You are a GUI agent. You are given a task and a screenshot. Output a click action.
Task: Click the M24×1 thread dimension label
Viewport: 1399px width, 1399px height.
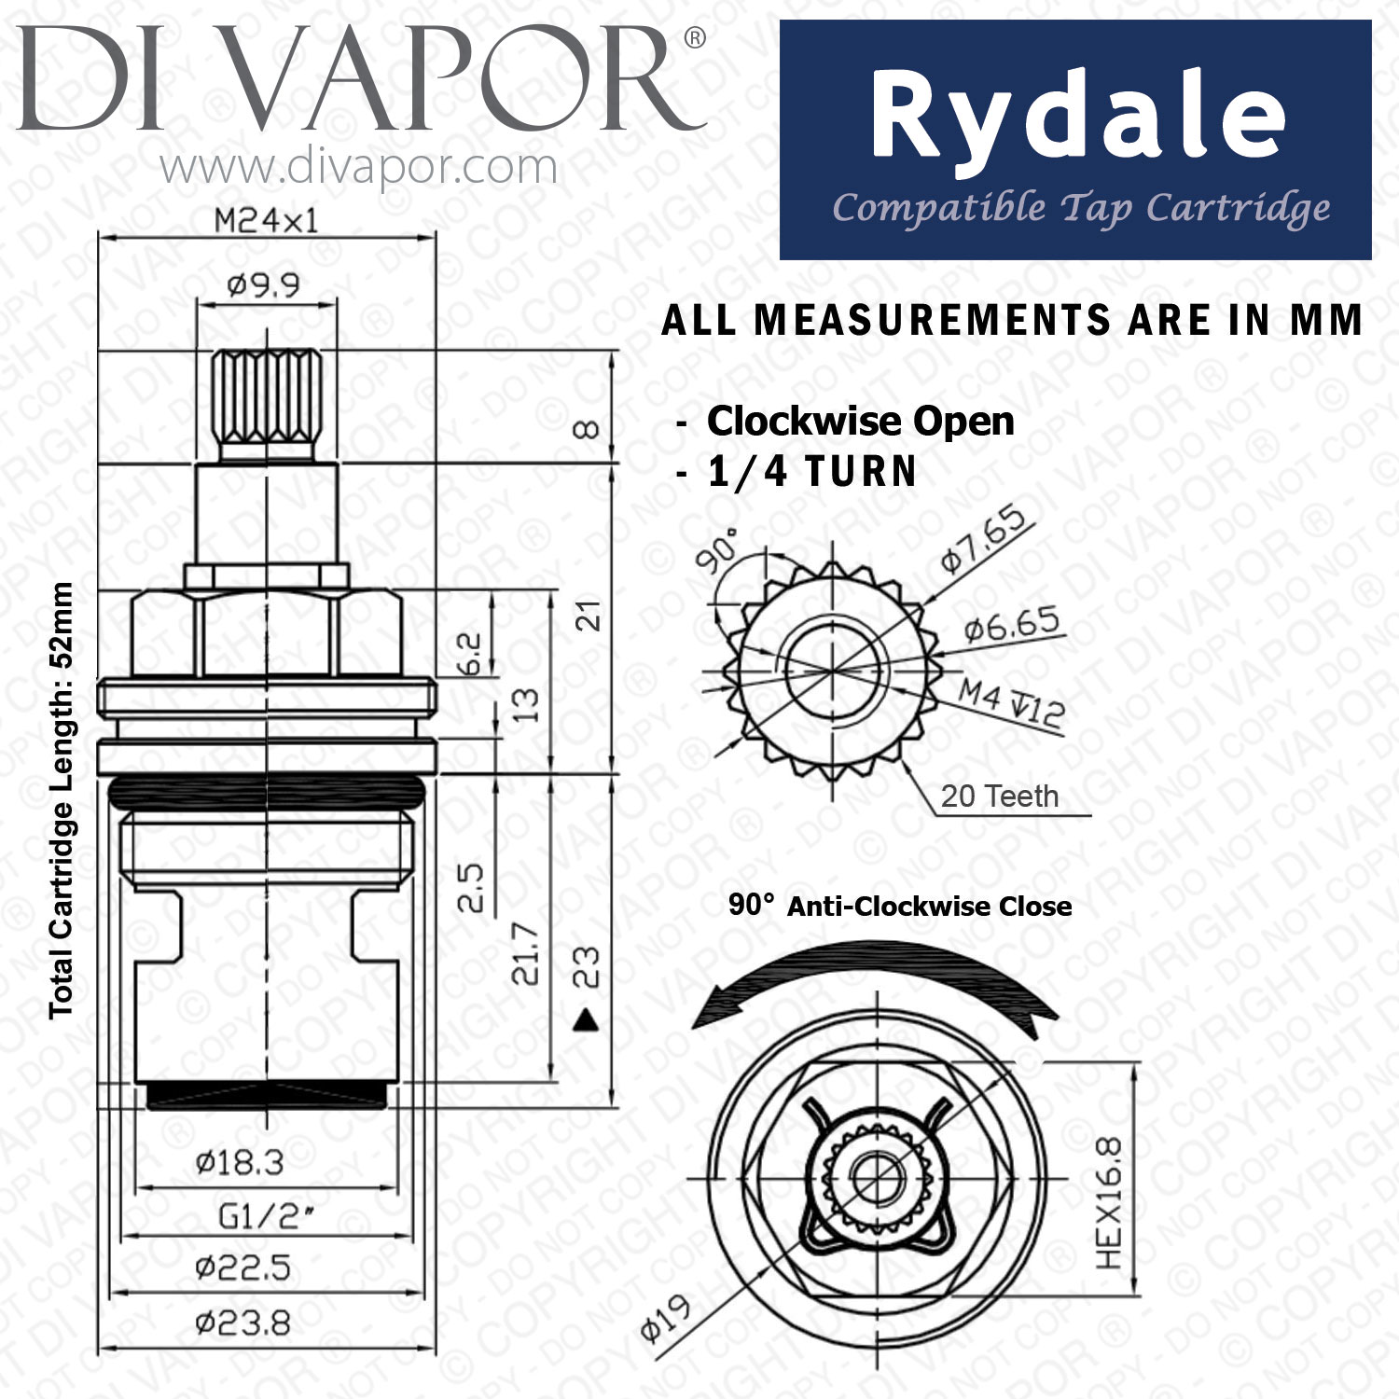(266, 220)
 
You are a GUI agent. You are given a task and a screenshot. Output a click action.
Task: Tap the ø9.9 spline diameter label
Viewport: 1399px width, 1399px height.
(263, 284)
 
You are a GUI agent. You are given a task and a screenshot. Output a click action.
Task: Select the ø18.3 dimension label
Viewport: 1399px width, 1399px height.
(240, 1162)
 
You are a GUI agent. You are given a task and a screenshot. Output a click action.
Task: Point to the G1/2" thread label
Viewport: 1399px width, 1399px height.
(265, 1216)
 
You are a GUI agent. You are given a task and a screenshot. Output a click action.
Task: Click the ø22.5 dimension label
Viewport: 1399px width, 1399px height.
(243, 1267)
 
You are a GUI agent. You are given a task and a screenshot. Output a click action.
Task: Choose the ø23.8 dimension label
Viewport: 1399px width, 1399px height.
(243, 1323)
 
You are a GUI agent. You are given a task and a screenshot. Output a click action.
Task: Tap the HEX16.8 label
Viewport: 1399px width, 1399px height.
(1109, 1202)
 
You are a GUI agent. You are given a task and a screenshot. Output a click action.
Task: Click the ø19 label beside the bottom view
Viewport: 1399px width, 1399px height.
(666, 1318)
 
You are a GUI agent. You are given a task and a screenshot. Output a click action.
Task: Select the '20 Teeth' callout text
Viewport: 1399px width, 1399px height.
(1000, 796)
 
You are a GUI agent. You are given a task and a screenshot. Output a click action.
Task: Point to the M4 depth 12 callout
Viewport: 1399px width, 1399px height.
(1012, 703)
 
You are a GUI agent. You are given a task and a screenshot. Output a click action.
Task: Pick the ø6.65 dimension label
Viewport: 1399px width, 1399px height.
(1012, 624)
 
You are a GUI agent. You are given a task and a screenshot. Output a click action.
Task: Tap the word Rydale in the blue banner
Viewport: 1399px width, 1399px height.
(1077, 118)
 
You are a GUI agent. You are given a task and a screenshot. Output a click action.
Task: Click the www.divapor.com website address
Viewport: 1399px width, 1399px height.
(358, 168)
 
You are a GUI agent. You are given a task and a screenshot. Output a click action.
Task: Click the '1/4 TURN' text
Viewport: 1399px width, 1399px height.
(812, 471)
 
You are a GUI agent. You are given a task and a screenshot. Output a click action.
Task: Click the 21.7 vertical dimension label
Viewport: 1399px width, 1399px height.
(526, 953)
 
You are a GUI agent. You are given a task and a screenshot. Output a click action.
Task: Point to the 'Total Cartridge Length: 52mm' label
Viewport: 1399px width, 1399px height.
(62, 800)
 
